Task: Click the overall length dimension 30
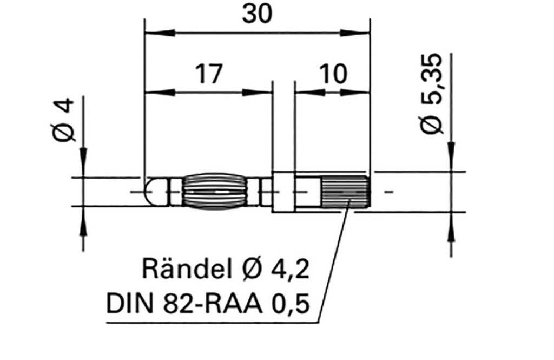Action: [257, 15]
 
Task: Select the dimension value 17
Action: [208, 74]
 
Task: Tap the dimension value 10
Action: [332, 74]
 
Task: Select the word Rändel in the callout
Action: [188, 269]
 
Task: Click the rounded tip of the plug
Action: [154, 192]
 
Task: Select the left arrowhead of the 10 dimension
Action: [303, 93]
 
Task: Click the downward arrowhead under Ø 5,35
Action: [452, 162]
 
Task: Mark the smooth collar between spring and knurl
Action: [295, 192]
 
